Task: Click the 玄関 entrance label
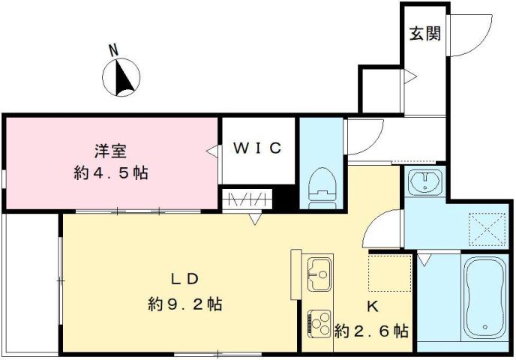tap(424, 34)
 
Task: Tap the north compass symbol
tap(121, 78)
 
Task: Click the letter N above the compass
tap(114, 51)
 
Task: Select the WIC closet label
tap(256, 148)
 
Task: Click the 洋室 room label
tap(109, 150)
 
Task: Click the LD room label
tap(183, 280)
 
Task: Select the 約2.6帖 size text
tap(372, 330)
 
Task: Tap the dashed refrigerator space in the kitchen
tap(390, 273)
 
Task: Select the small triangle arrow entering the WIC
tap(211, 151)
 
